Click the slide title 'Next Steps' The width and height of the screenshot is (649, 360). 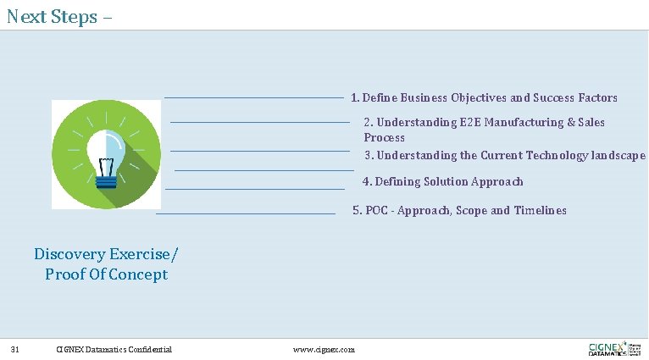53,16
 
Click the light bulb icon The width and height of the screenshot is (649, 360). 106,154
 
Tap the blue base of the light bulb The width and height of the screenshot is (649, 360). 106,179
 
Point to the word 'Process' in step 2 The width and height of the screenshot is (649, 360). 385,138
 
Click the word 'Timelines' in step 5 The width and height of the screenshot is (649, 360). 541,211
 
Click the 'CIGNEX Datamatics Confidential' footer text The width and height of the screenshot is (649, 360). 114,349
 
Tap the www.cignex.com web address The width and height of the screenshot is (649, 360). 324,349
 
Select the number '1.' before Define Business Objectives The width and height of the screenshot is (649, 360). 356,98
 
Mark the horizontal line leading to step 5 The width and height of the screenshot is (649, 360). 246,214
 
